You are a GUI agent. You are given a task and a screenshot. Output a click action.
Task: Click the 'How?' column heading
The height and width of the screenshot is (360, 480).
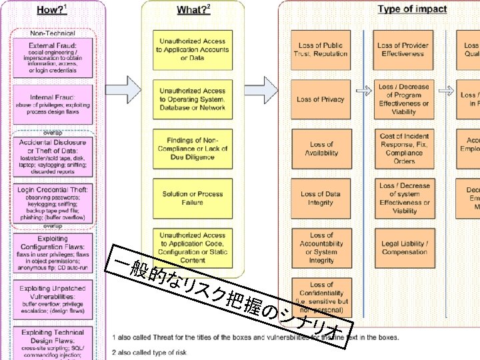(x=53, y=9)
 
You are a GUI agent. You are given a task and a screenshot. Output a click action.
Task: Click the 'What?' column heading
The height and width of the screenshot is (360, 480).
(x=193, y=9)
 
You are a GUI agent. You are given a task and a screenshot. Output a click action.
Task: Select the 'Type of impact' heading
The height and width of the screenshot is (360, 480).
(x=412, y=9)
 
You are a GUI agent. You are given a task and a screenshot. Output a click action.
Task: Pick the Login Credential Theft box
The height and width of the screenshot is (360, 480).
(x=53, y=202)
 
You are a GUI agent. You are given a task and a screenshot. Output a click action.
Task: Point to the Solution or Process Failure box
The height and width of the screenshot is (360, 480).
(x=193, y=198)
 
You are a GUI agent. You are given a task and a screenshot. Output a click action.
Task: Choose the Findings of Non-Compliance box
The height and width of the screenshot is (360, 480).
(x=193, y=149)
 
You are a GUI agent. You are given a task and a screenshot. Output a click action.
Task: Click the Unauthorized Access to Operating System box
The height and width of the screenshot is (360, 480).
(x=193, y=99)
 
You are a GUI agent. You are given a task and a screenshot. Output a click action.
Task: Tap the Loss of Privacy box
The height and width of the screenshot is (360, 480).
(x=321, y=99)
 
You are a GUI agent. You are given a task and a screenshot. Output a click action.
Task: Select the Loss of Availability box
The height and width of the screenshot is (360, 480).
(x=321, y=149)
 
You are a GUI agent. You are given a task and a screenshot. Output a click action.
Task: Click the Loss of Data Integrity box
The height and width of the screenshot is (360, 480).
(x=321, y=198)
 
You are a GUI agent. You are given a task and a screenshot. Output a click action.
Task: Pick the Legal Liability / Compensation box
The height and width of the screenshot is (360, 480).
(x=405, y=248)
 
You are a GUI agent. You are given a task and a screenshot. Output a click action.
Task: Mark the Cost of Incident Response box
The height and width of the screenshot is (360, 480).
(x=405, y=149)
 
